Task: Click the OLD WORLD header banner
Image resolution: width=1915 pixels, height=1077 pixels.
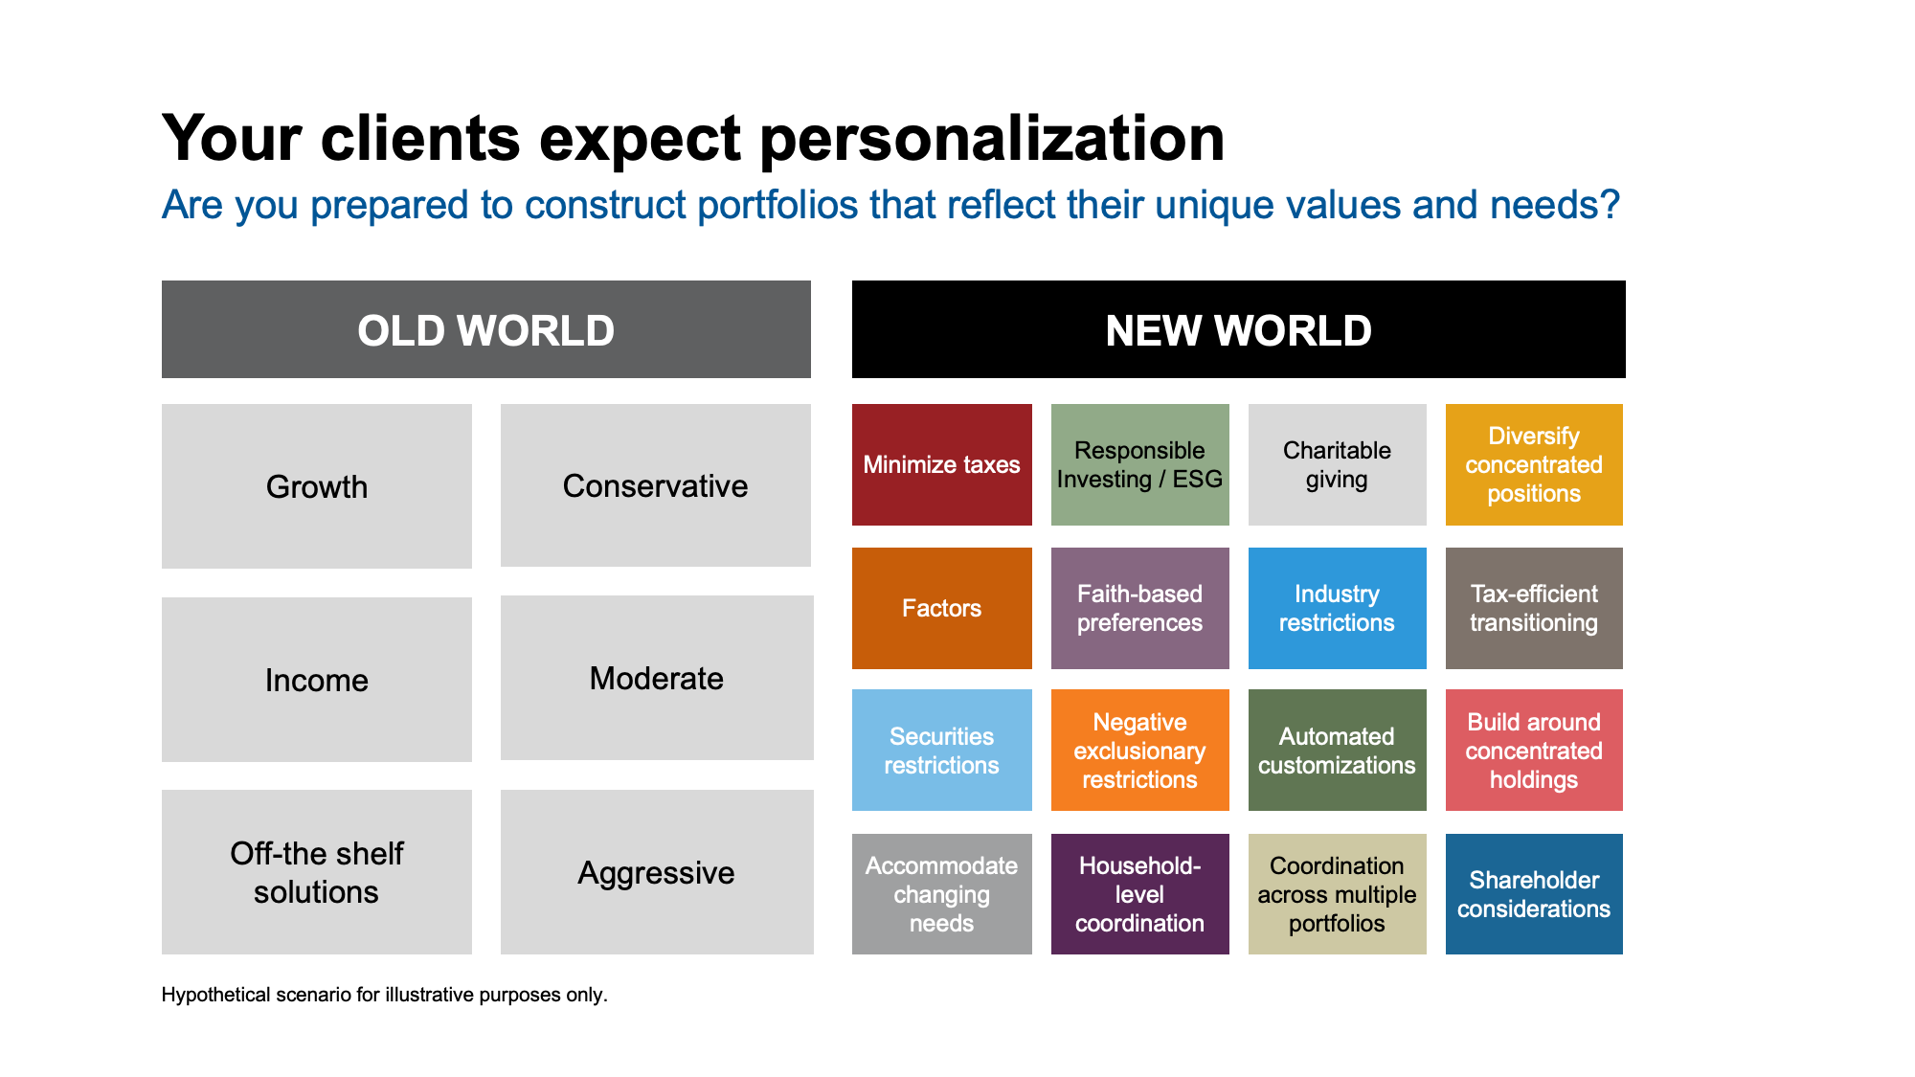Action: tap(486, 329)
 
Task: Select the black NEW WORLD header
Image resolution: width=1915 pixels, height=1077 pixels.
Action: tap(1239, 329)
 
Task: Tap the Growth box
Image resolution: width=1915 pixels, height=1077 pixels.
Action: tap(317, 486)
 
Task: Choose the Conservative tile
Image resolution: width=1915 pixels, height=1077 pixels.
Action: tap(656, 485)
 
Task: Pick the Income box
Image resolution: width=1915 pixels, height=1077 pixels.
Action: tap(317, 680)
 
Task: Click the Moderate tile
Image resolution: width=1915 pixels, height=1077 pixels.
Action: tap(657, 678)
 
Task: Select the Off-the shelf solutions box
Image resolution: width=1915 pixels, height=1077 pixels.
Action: tap(317, 872)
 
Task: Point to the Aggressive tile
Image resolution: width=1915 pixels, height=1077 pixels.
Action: tap(657, 872)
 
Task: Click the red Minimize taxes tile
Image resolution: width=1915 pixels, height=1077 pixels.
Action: tap(942, 464)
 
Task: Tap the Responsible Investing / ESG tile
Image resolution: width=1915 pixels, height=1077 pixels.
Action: tap(1140, 464)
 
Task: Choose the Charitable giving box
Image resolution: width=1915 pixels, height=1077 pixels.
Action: tap(1338, 464)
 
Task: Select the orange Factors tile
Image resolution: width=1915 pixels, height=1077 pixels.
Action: tap(942, 608)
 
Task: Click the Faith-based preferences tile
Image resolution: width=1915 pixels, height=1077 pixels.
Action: tap(1140, 608)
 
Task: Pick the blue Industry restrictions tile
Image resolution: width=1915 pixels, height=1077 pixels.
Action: tap(1338, 608)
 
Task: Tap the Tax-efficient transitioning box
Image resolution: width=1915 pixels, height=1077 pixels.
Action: tap(1534, 608)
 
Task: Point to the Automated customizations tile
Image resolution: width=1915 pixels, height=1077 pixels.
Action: tap(1338, 751)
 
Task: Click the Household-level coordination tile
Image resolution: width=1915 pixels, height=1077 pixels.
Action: tap(1140, 894)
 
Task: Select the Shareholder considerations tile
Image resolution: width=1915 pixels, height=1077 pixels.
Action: tap(1534, 894)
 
